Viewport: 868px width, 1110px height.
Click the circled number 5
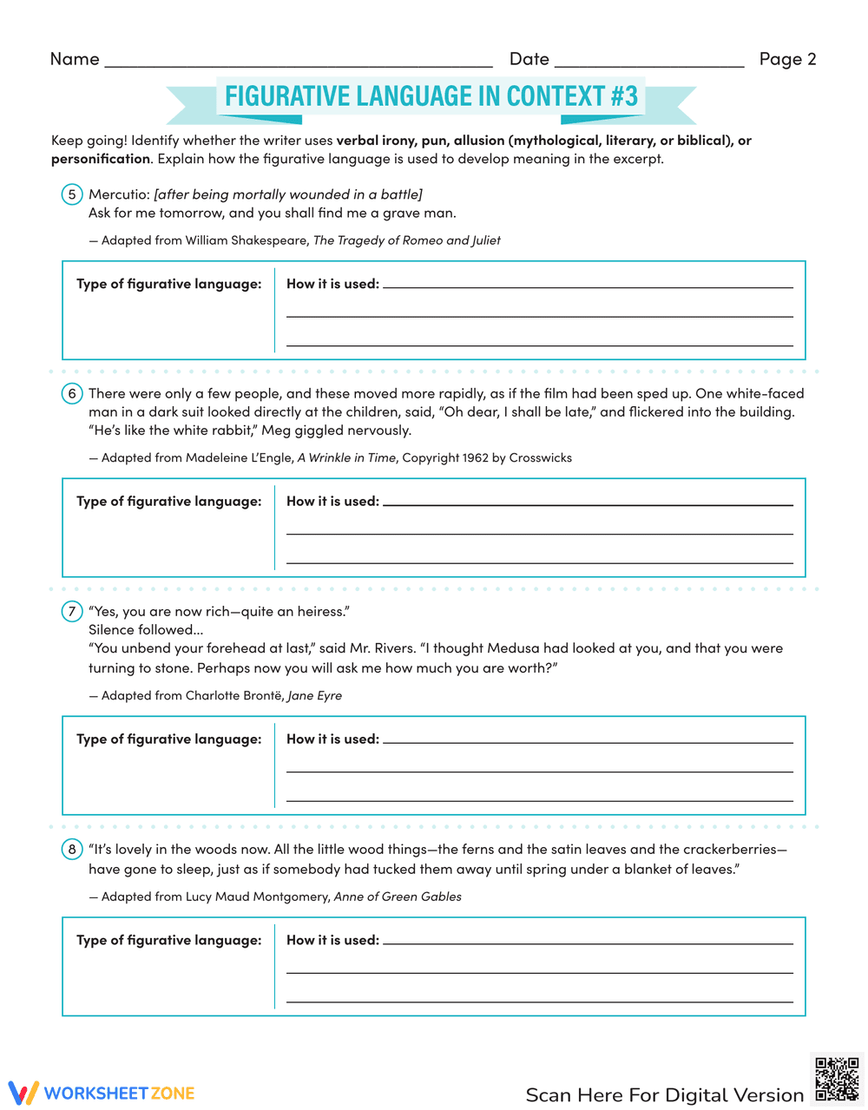coord(72,194)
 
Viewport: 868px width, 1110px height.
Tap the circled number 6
coord(72,394)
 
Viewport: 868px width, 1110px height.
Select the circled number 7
coord(72,612)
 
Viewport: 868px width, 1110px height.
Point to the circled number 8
coord(72,850)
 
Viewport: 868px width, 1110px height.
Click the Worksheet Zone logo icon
coord(23,1093)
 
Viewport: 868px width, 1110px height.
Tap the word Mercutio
coord(118,194)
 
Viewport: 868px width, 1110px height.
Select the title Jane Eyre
coord(314,695)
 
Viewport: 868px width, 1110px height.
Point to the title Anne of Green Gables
coord(398,897)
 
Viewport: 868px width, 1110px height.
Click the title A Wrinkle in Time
coord(346,457)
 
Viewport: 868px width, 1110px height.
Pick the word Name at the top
coord(75,59)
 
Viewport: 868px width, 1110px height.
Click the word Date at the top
coord(529,59)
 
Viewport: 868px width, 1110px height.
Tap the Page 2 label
coord(787,59)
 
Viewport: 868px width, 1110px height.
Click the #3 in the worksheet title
coord(624,95)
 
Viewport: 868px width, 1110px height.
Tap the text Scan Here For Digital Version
coord(665,1094)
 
